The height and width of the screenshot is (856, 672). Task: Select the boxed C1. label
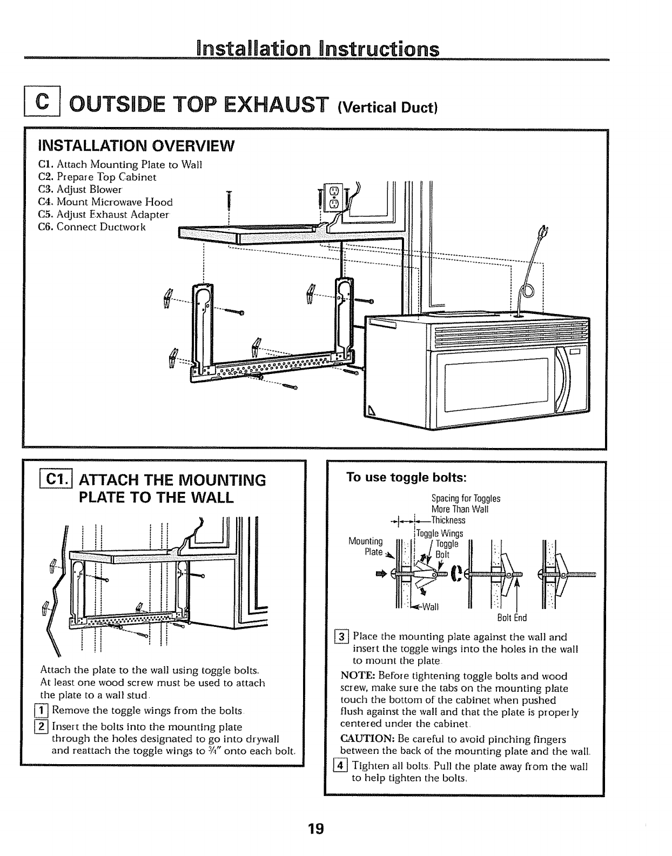54,479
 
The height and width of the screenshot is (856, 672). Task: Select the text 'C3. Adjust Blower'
80,190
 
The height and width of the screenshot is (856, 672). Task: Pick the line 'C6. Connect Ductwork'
92,226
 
